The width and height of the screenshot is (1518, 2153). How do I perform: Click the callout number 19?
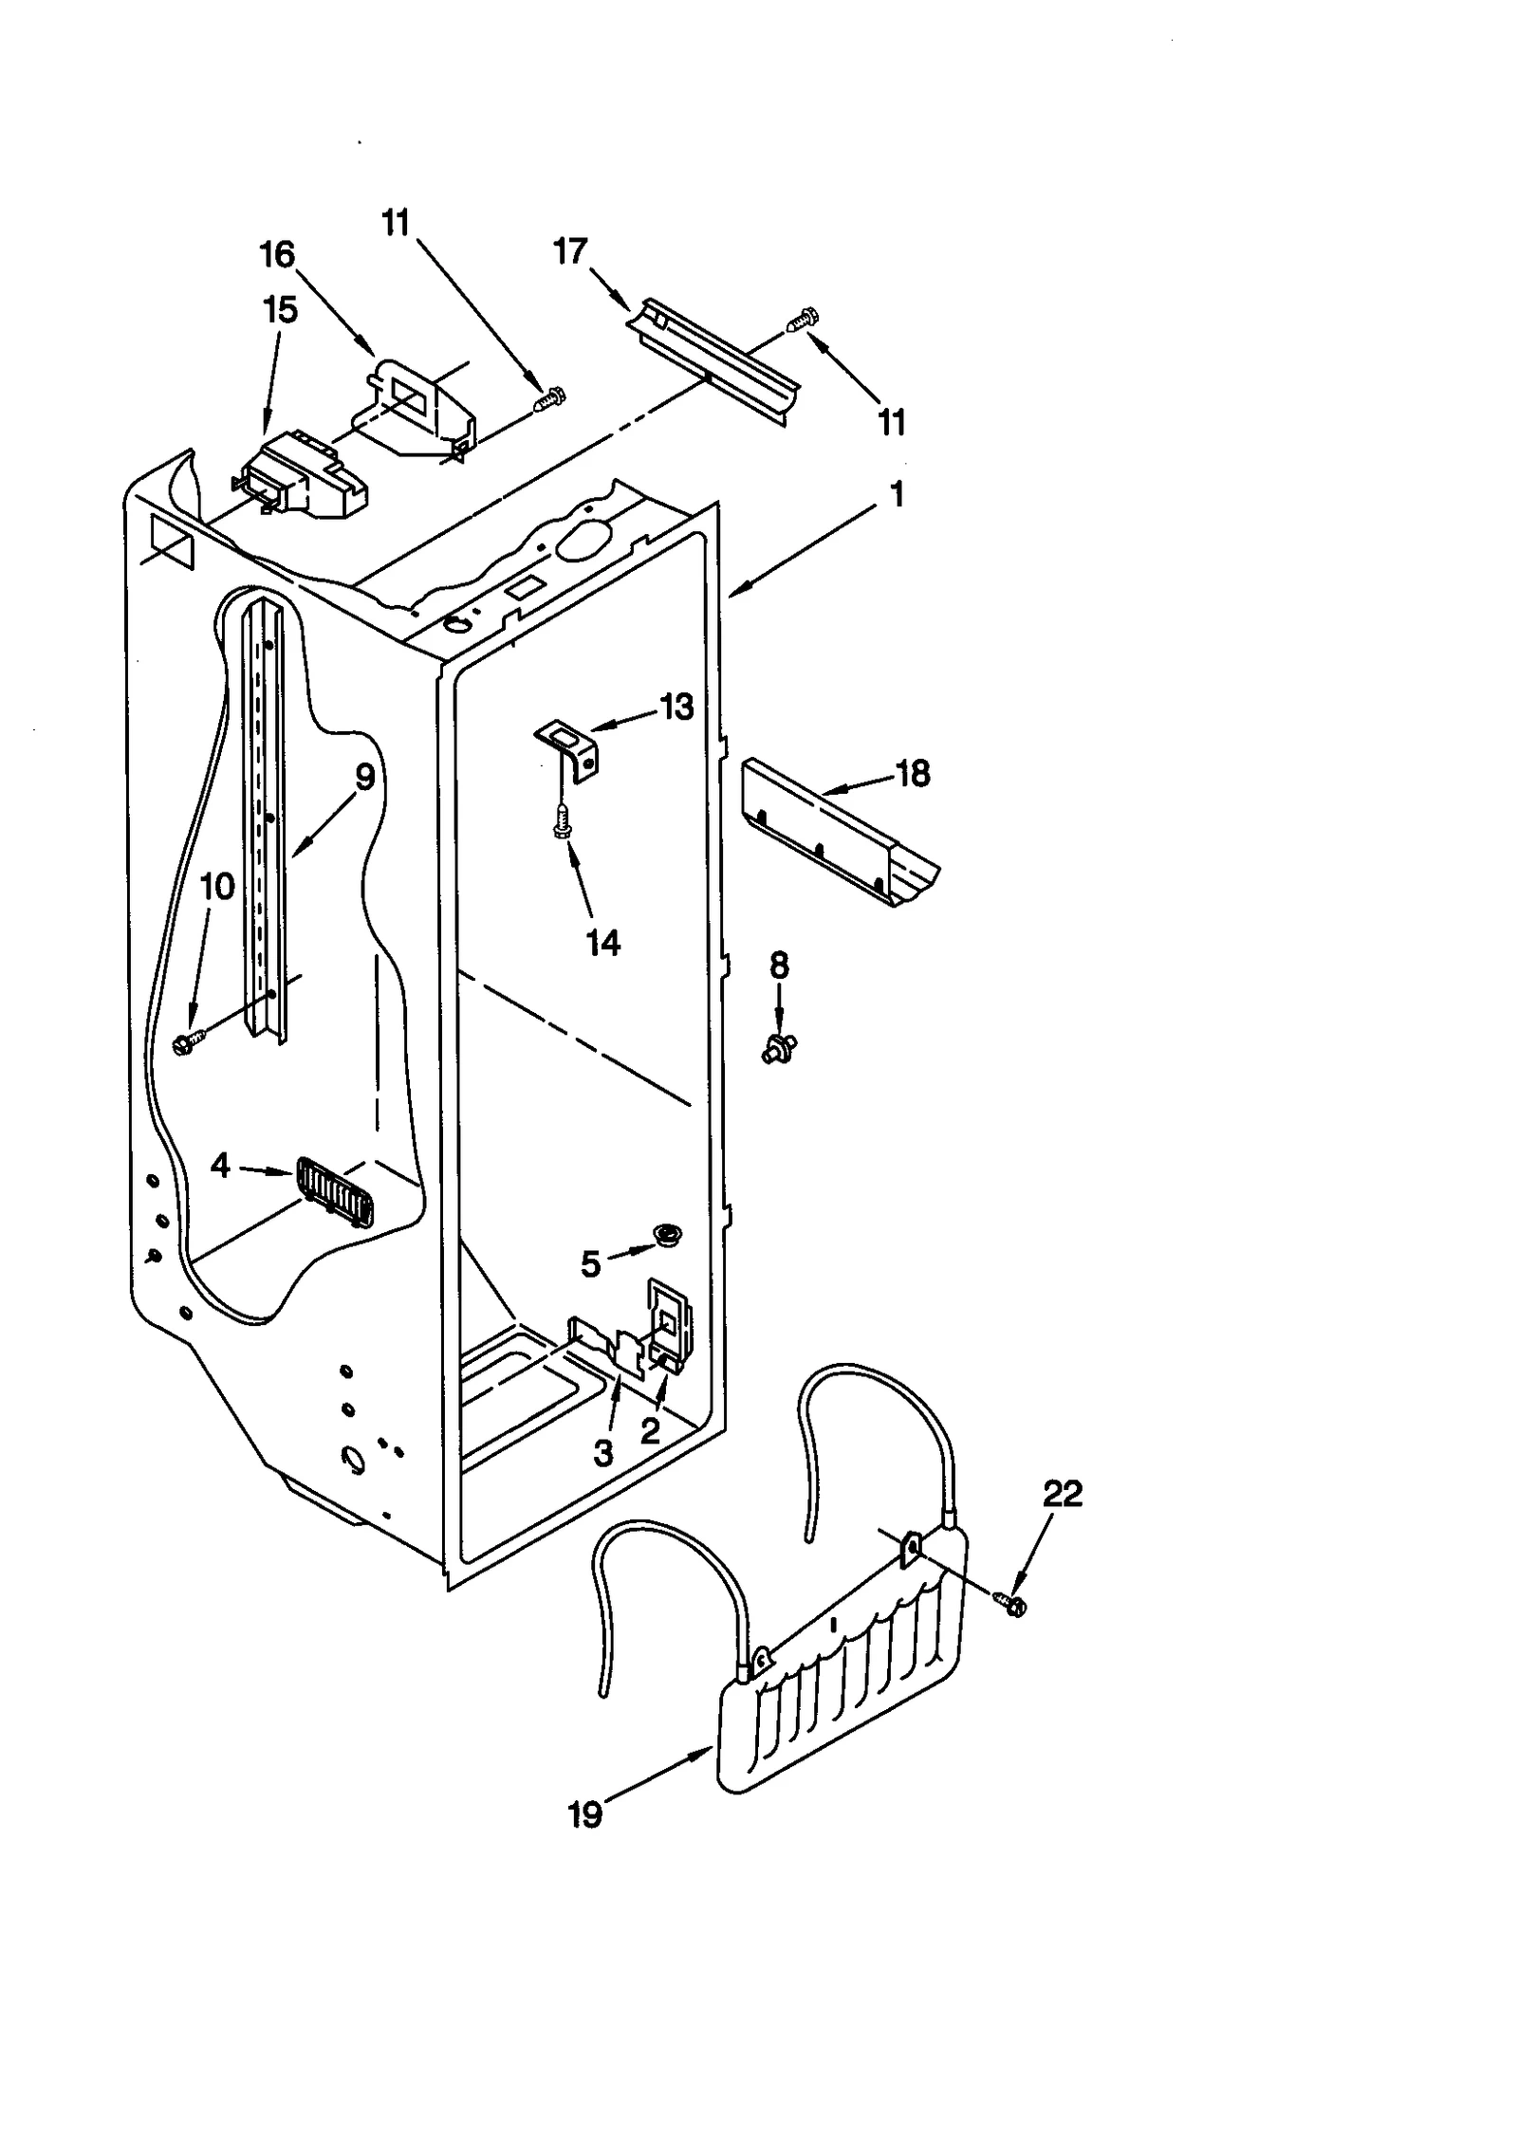(584, 1814)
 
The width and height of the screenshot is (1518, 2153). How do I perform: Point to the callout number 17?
(570, 251)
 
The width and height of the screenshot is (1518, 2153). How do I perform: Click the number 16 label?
(278, 254)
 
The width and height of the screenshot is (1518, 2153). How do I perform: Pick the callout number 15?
(280, 309)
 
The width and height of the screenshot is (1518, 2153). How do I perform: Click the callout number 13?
(676, 707)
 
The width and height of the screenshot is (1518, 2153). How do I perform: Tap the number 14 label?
(603, 942)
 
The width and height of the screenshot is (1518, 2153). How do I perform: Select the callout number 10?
(217, 887)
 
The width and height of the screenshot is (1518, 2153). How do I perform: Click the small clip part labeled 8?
(779, 1047)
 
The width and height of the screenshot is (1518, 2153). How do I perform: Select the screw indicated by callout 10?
(182, 1043)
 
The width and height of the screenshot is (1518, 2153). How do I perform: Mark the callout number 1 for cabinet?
(897, 493)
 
